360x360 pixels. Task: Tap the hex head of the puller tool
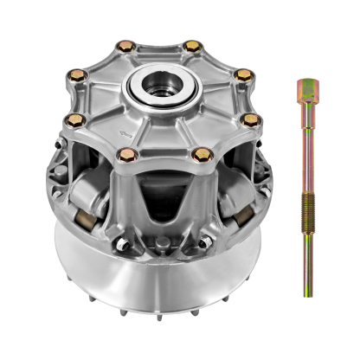(x=305, y=90)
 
